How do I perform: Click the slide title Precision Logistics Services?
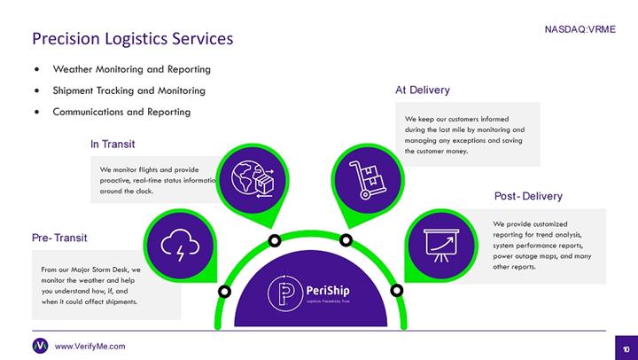(x=133, y=38)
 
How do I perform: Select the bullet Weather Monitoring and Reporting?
(x=131, y=69)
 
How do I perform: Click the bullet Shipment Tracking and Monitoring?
(x=128, y=90)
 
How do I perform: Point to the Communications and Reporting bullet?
(x=121, y=113)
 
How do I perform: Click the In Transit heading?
(x=113, y=144)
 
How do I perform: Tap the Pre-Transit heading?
(x=59, y=238)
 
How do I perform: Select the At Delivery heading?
(x=422, y=90)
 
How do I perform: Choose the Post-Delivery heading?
(x=528, y=196)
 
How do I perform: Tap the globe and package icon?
(x=253, y=176)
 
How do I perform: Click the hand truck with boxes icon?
(x=365, y=177)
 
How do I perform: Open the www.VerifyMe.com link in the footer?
(x=89, y=346)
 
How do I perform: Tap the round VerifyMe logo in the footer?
(x=40, y=346)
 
